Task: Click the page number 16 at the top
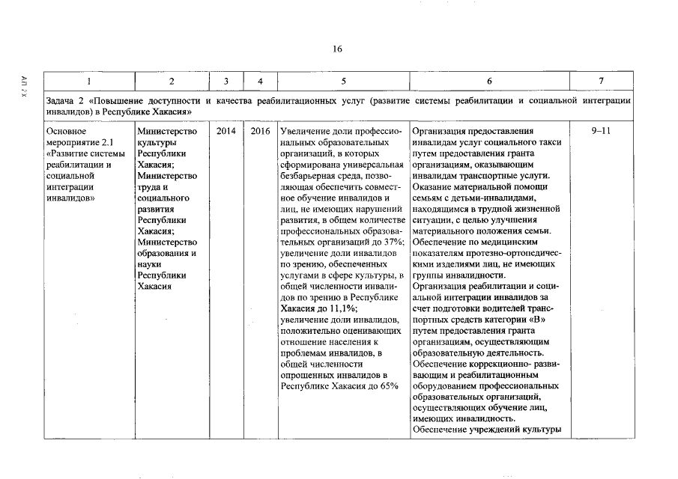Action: [337, 49]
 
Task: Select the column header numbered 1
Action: [88, 81]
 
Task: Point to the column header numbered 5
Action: [342, 81]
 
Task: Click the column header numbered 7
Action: [601, 81]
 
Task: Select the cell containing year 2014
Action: [226, 131]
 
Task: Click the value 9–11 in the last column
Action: [601, 131]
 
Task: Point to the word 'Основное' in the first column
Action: [66, 131]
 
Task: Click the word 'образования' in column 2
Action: [163, 253]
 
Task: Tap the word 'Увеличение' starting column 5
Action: [303, 131]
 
